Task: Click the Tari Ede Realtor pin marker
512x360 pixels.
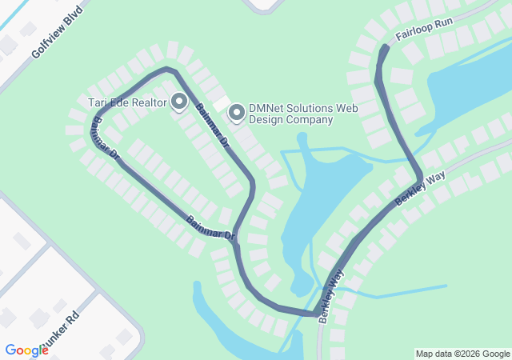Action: pos(179,102)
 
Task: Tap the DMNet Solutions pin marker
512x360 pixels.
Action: pos(237,113)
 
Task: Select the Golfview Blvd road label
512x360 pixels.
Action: pos(57,40)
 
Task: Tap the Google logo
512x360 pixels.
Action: pos(26,350)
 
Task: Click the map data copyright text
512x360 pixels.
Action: pos(462,354)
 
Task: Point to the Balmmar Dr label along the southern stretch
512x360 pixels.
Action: pos(210,228)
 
